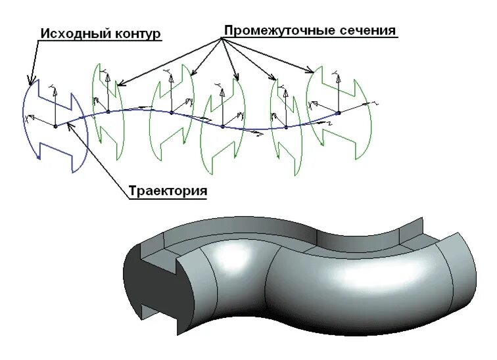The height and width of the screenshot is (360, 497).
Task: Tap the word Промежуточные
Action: click(x=273, y=31)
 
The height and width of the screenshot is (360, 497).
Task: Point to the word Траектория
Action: click(x=168, y=191)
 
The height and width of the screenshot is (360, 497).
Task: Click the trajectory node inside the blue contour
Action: click(x=55, y=125)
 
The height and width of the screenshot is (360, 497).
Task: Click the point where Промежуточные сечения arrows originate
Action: click(x=222, y=39)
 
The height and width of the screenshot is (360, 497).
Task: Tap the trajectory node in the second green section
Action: click(x=172, y=112)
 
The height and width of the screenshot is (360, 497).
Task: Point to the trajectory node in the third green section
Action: click(x=223, y=126)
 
